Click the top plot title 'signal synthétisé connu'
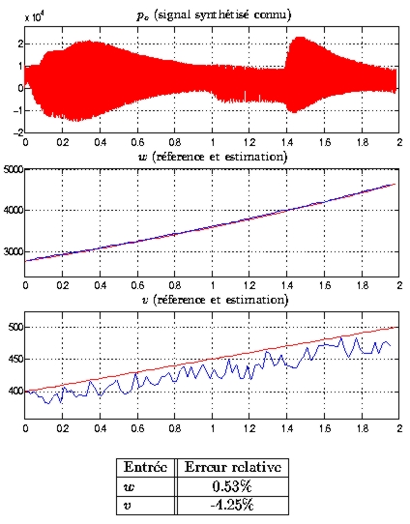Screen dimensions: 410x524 pos(222,15)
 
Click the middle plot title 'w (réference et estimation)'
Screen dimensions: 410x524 pos(213,157)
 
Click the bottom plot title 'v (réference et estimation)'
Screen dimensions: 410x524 pos(215,300)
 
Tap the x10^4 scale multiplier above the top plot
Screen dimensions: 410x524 pos(34,16)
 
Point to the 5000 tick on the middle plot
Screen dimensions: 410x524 pos(14,170)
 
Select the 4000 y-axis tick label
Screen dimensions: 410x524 pos(14,211)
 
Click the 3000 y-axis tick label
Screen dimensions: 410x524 pos(14,252)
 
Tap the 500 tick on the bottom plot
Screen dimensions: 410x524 pos(16,327)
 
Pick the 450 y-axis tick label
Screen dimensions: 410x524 pos(16,360)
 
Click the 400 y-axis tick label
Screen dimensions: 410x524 pos(16,392)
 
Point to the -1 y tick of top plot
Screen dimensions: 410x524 pos(18,110)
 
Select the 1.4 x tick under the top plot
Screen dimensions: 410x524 pos(286,142)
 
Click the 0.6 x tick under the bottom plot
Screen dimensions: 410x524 pos(137,428)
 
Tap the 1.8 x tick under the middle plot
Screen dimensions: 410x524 pos(362,285)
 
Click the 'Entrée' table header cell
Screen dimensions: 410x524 pos(145,467)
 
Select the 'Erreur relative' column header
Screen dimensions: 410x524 pos(233,467)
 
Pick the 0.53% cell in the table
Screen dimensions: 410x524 pos(232,486)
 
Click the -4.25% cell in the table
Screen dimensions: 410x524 pos(232,506)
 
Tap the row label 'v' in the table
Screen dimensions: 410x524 pos(128,506)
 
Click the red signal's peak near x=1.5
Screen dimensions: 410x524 pos(300,37)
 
